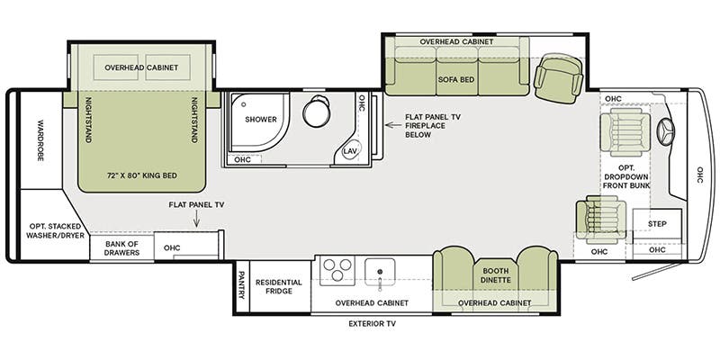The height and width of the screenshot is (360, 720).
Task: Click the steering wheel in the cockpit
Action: click(x=666, y=132)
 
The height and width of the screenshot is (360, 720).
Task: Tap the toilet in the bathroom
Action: click(x=317, y=111)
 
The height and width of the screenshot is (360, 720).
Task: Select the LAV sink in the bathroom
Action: click(x=352, y=150)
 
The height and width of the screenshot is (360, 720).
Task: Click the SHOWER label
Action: click(x=260, y=120)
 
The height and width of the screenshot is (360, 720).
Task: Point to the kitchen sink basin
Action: click(x=380, y=272)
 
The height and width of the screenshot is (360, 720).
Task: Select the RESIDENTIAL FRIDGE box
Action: click(x=279, y=286)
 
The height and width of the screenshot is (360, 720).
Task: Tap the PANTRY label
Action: click(x=241, y=284)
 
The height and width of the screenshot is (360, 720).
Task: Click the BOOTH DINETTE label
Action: click(x=496, y=275)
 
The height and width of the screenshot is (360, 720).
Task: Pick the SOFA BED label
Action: click(x=456, y=79)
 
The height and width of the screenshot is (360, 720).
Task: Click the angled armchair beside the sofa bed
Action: click(x=558, y=78)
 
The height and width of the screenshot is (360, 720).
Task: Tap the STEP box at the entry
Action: click(x=657, y=224)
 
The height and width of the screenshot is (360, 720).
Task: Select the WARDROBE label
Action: click(x=40, y=140)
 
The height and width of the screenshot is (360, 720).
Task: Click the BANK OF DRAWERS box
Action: click(x=121, y=248)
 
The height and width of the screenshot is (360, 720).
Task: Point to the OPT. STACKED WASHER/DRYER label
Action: click(x=55, y=231)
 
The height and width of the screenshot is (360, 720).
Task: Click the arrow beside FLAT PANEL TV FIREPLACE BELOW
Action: click(x=391, y=124)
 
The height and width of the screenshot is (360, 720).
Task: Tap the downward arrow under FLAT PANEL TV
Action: click(x=196, y=220)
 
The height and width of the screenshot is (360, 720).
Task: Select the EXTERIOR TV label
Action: click(x=372, y=324)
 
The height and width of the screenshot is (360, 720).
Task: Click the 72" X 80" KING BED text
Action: click(x=142, y=175)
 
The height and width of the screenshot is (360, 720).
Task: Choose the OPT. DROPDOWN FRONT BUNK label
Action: click(x=626, y=176)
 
